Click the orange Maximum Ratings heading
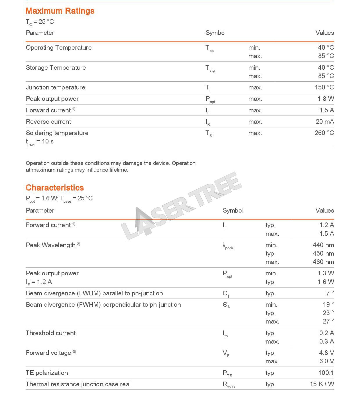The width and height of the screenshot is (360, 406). point(60,11)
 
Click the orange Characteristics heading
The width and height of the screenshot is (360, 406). point(55,188)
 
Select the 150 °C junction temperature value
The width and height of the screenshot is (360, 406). point(324,87)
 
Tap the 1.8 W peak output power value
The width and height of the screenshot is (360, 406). point(326,99)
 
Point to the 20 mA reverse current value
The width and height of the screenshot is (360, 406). point(325,122)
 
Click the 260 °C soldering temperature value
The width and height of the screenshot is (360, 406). point(324,133)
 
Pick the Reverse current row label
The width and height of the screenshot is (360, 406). point(48,122)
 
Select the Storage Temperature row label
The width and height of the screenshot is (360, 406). point(56,68)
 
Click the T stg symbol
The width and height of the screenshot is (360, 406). point(210,69)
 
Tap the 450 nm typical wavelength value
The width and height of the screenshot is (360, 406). point(323,254)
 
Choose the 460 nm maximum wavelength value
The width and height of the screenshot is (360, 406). point(323,262)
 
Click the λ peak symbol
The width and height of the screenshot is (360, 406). point(228,246)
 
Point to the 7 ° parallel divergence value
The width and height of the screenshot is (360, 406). point(330,293)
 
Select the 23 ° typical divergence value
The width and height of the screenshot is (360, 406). point(328,313)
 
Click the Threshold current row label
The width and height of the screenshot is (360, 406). point(51,333)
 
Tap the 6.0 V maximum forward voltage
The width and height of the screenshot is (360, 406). point(326,361)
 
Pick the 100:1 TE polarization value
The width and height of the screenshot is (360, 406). point(326,373)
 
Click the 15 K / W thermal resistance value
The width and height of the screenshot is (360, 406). point(322,384)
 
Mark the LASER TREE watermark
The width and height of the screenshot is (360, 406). point(181,206)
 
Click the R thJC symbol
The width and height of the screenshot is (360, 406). point(229,385)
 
